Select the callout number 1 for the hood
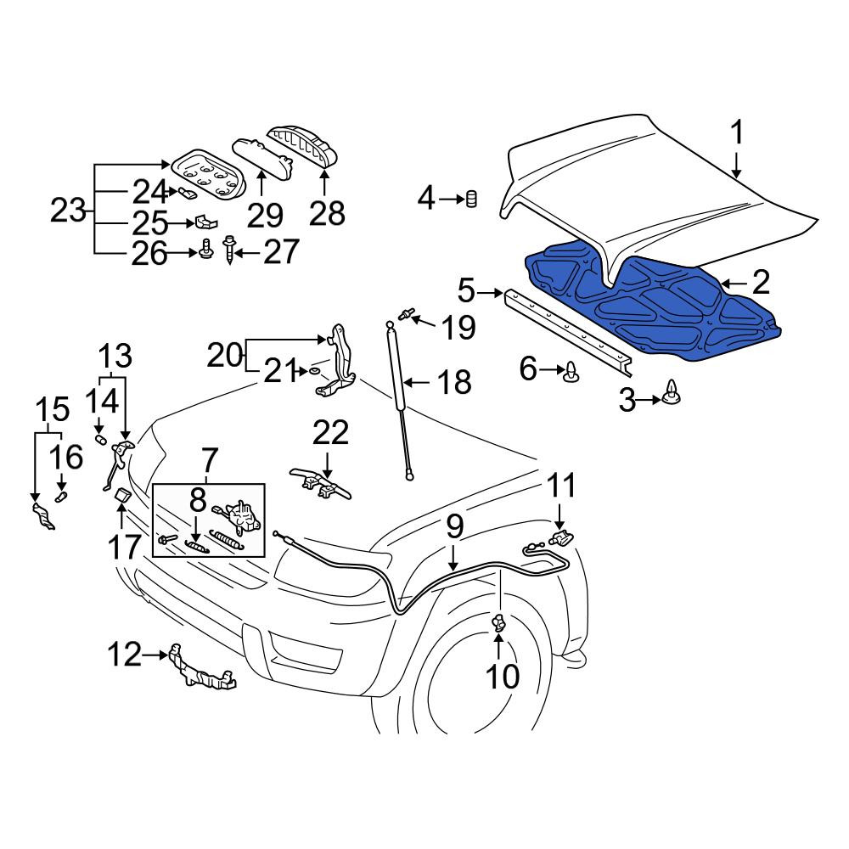[x=737, y=132]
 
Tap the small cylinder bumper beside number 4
[x=472, y=199]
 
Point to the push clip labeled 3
[x=672, y=391]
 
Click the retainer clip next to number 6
[x=571, y=372]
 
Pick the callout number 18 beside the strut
[x=454, y=382]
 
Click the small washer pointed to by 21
[x=313, y=372]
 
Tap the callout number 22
[x=330, y=433]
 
